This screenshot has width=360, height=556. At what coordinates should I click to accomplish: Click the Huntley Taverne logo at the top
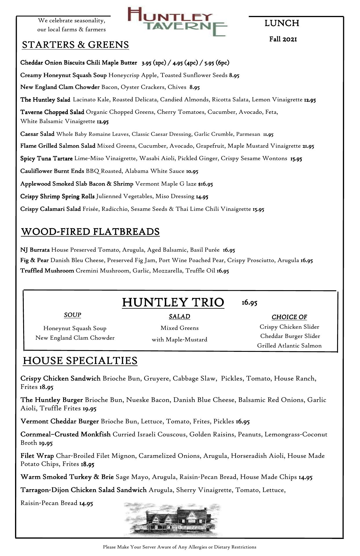[177, 22]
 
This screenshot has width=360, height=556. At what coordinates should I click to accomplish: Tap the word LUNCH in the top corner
[282, 23]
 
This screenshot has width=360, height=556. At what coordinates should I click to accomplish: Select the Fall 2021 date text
[283, 39]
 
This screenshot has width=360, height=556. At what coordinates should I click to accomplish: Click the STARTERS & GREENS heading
[75, 45]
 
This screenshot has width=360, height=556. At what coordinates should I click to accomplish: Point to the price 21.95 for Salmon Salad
[308, 146]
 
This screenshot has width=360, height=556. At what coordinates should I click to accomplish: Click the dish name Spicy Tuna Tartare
[46, 158]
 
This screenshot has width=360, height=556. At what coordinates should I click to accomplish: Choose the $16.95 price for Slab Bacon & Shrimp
[206, 184]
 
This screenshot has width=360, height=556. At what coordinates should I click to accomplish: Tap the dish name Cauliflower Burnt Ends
[52, 171]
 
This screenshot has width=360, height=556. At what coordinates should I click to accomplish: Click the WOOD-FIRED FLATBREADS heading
[90, 232]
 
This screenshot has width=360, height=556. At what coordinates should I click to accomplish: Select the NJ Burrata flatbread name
[35, 250]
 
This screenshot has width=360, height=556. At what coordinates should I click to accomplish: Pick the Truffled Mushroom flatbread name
[47, 271]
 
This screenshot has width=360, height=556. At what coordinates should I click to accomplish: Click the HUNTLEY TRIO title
[173, 302]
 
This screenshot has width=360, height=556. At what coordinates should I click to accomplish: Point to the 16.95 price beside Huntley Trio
[249, 303]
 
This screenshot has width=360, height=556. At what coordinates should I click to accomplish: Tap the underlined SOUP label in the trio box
[72, 315]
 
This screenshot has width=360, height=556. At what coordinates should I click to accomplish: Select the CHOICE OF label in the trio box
[289, 317]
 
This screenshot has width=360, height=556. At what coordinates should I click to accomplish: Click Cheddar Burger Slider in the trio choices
[290, 336]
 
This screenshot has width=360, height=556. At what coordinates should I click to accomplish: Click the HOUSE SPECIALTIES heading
[80, 361]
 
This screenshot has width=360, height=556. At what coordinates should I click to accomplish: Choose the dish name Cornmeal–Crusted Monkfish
[65, 434]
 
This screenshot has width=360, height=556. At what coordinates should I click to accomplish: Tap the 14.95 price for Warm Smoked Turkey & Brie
[305, 477]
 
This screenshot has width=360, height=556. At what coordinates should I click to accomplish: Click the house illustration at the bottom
[173, 520]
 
